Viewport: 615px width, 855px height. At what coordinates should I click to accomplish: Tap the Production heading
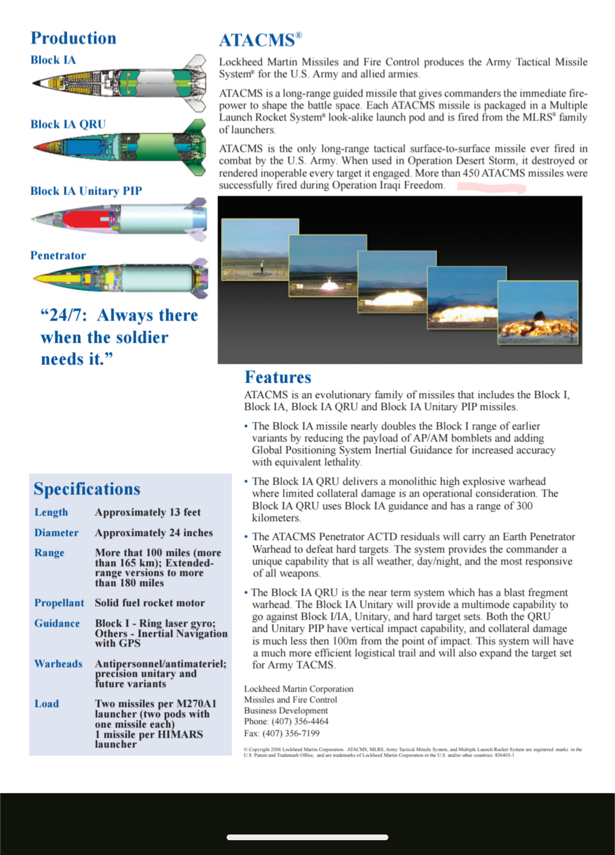(x=73, y=38)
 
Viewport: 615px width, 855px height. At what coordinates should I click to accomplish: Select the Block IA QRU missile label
(x=68, y=124)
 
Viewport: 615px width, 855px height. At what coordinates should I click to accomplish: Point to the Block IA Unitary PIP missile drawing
(x=120, y=219)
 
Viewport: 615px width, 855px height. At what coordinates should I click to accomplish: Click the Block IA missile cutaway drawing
(x=120, y=83)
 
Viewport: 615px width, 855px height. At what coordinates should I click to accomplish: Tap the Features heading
(x=278, y=377)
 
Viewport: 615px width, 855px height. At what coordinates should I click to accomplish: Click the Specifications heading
(x=87, y=489)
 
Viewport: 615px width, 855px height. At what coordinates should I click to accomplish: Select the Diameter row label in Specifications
(x=56, y=533)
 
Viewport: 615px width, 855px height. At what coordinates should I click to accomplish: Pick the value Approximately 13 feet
(x=147, y=512)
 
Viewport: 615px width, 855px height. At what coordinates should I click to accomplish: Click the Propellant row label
(x=59, y=603)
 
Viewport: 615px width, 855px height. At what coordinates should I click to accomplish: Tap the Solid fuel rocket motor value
(x=150, y=603)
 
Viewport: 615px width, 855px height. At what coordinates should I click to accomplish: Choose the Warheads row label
(x=58, y=664)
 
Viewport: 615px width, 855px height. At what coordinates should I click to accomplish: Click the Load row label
(x=47, y=703)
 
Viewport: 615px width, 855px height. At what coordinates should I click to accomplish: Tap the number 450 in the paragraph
(x=471, y=173)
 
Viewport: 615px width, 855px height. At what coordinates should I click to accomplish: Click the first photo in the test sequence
(x=260, y=249)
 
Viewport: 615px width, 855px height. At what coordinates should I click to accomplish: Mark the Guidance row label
(x=57, y=623)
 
